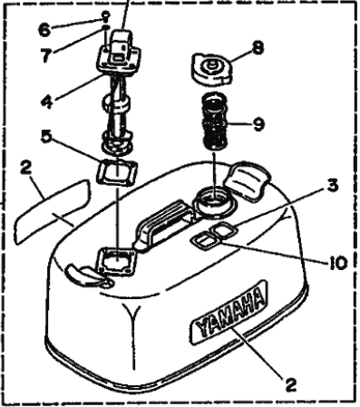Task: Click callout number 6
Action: (44, 29)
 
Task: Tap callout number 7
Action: (46, 55)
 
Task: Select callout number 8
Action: (258, 48)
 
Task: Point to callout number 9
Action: (258, 124)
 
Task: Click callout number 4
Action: (47, 102)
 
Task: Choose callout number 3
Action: (332, 185)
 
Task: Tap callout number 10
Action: (337, 263)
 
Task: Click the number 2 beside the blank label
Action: (25, 169)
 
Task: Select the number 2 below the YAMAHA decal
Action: (290, 384)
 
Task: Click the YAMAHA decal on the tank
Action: (229, 312)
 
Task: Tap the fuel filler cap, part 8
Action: (212, 69)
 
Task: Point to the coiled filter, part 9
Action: (215, 121)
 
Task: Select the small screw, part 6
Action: (105, 16)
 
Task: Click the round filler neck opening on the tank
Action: (214, 201)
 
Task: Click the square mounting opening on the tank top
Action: (116, 261)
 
